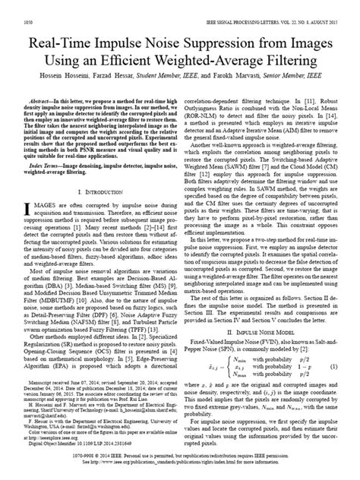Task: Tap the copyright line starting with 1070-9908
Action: [179, 471]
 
